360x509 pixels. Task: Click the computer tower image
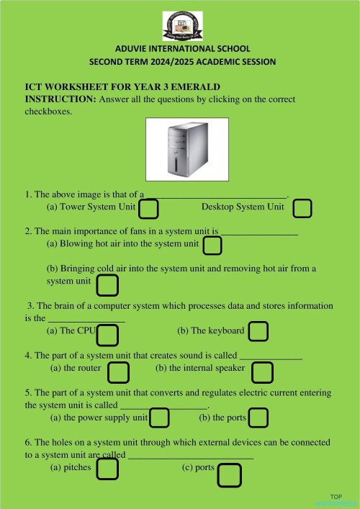coord(181,149)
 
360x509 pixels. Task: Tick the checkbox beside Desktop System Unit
coord(302,209)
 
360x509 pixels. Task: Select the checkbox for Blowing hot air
coord(212,246)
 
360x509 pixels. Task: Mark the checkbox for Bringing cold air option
coord(107,285)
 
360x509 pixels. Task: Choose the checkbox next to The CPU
coord(107,335)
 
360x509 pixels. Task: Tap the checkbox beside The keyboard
coord(258,332)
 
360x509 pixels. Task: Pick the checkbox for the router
coord(118,372)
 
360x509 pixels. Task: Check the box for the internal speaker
coord(262,372)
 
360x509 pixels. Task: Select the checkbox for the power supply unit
coord(159,418)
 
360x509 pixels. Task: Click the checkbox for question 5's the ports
coord(258,418)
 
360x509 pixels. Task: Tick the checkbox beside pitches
coord(107,469)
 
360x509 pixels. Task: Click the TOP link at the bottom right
coord(336,497)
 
